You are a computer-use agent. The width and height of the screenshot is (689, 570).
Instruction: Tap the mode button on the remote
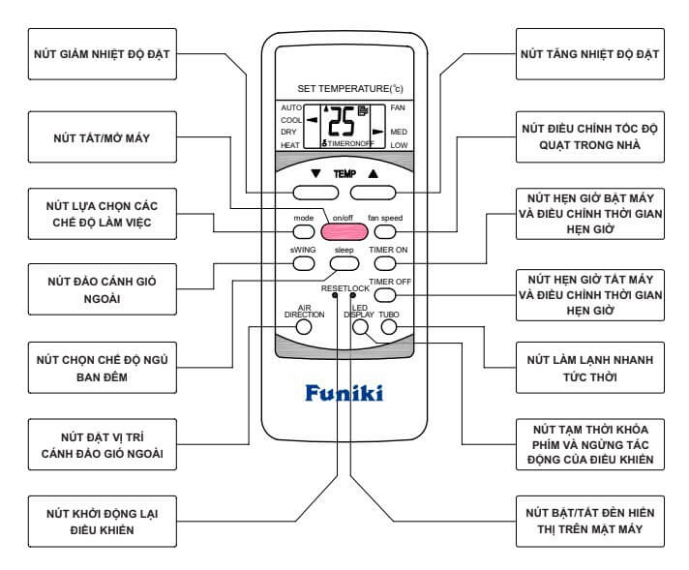[303, 232]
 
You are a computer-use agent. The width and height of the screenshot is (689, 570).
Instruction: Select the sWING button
[303, 262]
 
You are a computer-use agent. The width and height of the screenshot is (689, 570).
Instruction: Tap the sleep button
[344, 262]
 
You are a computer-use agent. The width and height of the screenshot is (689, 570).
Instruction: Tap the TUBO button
[389, 327]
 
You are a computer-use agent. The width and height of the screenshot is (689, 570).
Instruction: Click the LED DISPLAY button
[360, 327]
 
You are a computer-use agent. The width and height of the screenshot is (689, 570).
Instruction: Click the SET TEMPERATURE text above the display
[344, 88]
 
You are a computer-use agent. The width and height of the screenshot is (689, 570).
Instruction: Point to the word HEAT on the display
[290, 145]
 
